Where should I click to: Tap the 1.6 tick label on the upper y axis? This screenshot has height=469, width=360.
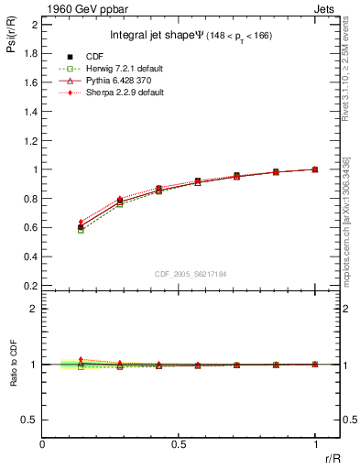click(x=29, y=82)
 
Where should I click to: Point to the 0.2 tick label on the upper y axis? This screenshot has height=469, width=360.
click(x=29, y=286)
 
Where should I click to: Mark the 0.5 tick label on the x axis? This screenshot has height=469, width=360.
click(x=179, y=444)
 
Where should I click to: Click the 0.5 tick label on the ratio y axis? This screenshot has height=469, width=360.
click(x=29, y=420)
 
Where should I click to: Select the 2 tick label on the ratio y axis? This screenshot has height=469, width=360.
click(x=34, y=309)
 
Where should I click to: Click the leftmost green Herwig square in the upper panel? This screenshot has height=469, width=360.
click(x=81, y=230)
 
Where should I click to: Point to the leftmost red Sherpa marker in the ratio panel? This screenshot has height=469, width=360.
click(x=81, y=360)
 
